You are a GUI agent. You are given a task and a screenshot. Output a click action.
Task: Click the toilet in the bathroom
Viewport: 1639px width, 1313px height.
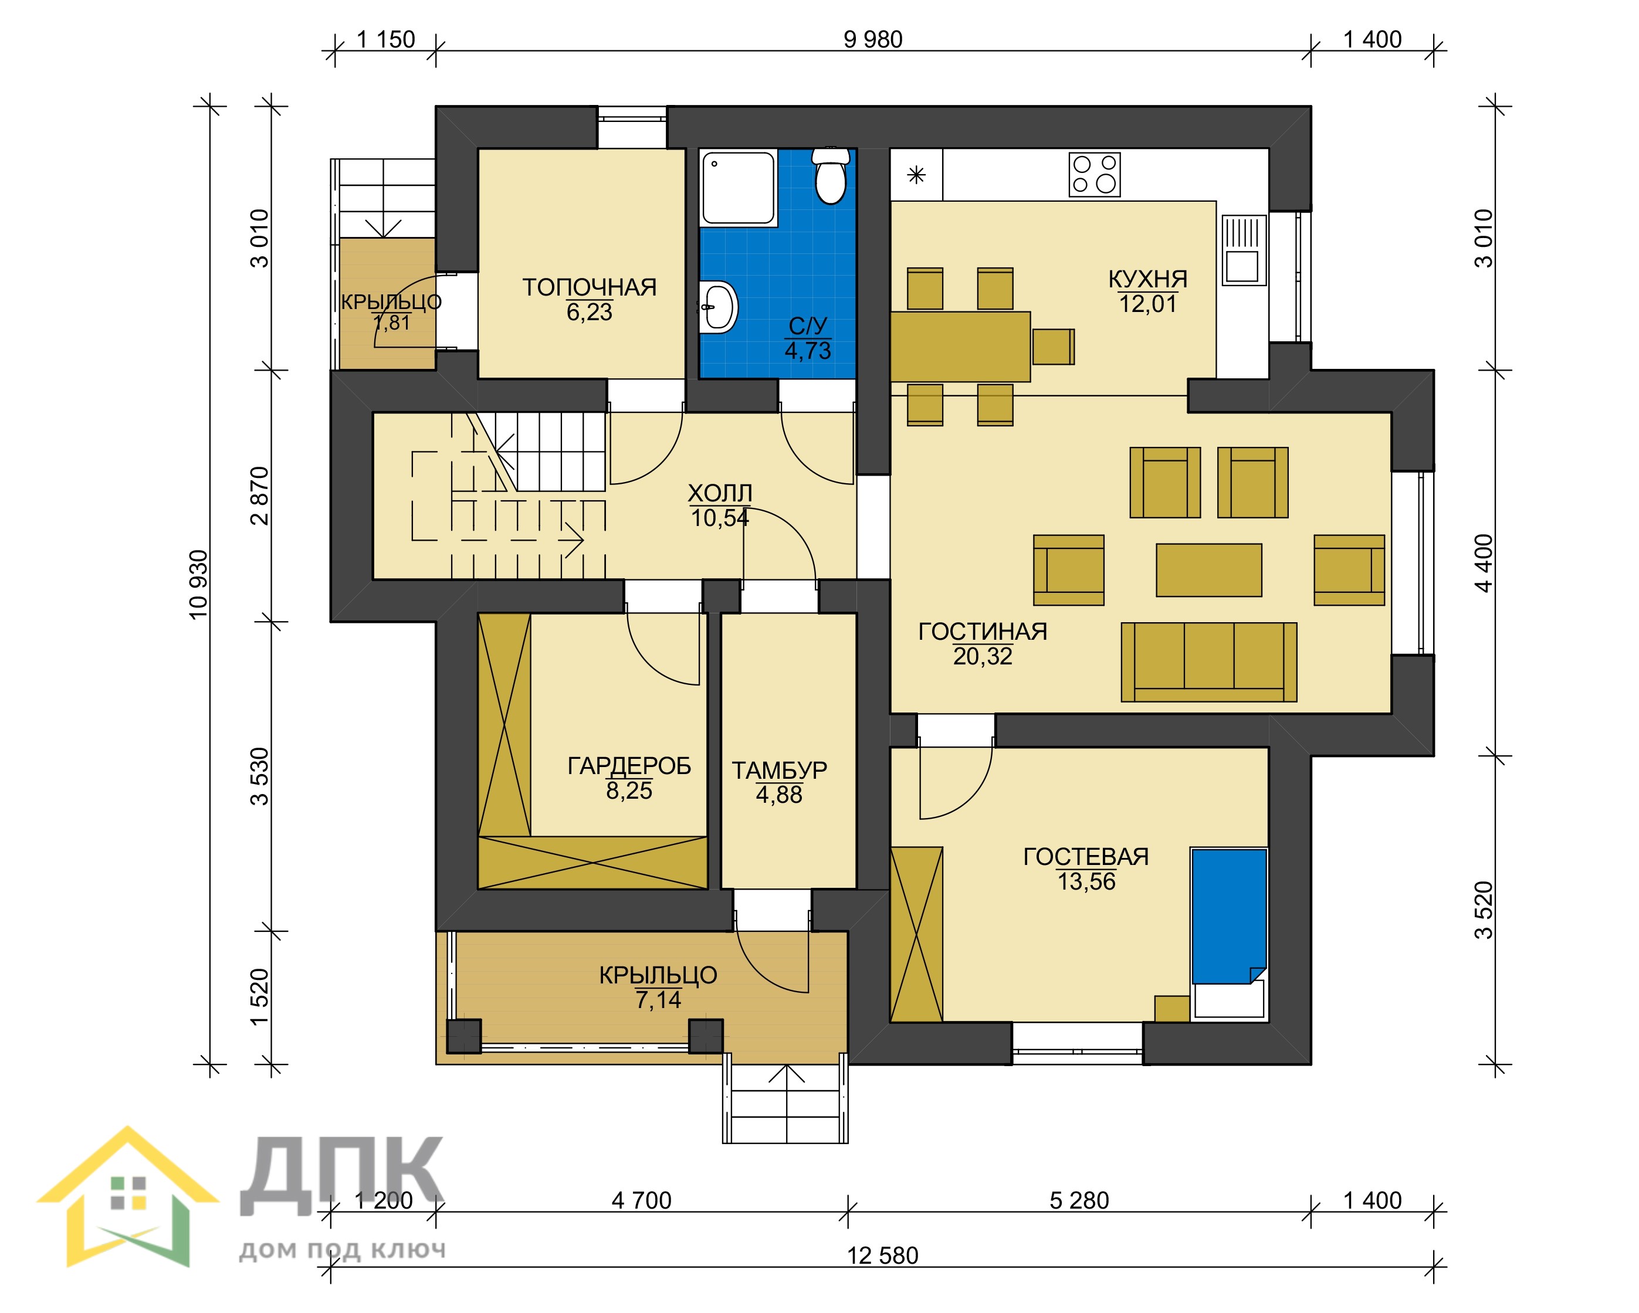[x=830, y=177]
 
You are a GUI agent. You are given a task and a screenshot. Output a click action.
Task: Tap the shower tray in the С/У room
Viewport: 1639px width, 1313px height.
[x=738, y=188]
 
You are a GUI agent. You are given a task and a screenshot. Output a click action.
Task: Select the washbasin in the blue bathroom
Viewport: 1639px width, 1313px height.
[x=717, y=307]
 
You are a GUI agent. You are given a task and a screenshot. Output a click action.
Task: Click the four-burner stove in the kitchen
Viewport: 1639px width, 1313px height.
[x=1095, y=175]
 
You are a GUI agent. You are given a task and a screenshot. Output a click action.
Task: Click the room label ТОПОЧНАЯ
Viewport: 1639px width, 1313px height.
[x=589, y=287]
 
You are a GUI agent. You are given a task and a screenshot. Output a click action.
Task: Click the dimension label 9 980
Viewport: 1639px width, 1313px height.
[x=873, y=39]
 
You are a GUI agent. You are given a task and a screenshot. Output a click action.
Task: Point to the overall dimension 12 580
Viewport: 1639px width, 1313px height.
[x=883, y=1256]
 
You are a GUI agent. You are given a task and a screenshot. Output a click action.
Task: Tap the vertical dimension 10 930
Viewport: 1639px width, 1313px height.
[x=198, y=585]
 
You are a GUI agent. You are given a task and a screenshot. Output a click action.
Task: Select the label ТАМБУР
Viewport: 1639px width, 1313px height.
[x=779, y=771]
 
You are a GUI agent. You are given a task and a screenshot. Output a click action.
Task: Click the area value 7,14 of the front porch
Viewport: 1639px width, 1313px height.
[x=658, y=1000]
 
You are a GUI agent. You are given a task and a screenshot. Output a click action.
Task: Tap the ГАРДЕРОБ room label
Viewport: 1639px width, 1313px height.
[x=629, y=766]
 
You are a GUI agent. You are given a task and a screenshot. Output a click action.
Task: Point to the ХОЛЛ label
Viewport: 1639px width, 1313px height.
[x=720, y=494]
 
